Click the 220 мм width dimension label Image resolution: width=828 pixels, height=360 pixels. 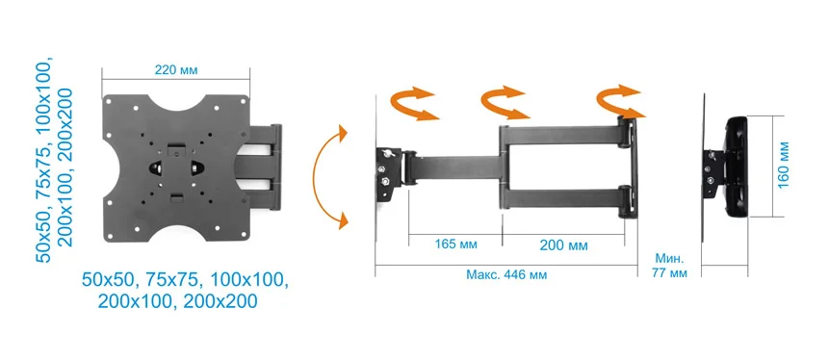click(x=176, y=69)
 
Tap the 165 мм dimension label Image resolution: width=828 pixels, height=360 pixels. click(x=455, y=244)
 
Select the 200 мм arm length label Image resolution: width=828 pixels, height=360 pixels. click(x=563, y=245)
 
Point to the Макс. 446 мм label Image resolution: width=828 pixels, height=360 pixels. click(x=506, y=275)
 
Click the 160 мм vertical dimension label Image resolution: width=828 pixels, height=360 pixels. click(x=783, y=165)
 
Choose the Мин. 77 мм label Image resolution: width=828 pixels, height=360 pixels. click(x=669, y=266)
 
